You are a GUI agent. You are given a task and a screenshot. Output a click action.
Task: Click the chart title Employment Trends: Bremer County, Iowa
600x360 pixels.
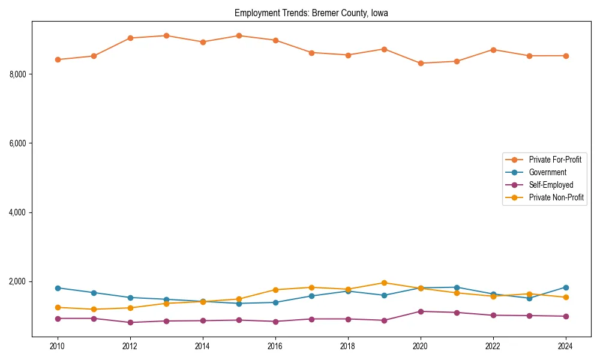[x=311, y=13]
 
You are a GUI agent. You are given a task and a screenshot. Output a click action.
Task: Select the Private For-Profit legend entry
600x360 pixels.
[x=554, y=160]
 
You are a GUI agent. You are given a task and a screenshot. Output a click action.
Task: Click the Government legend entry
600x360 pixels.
[x=547, y=172]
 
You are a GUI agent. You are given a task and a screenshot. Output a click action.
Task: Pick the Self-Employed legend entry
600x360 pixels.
[x=551, y=185]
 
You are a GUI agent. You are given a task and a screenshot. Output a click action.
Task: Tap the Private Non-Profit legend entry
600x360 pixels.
[x=556, y=197]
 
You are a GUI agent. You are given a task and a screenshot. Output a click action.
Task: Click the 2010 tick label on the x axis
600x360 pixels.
[x=58, y=346]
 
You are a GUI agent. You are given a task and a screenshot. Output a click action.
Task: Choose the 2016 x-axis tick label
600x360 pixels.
[x=275, y=346]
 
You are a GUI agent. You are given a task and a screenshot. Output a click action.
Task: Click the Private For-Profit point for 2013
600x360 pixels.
[x=166, y=35]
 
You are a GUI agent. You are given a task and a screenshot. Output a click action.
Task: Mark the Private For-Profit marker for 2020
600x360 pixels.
[x=421, y=63]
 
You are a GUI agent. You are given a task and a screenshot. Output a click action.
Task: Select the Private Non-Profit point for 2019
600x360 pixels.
[x=384, y=283]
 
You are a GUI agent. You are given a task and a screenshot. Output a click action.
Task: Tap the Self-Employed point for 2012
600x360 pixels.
[x=130, y=322]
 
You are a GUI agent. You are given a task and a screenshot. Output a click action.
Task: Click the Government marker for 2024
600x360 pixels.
[x=566, y=287]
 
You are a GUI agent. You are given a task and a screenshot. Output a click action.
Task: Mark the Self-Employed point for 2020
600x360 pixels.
[x=421, y=311]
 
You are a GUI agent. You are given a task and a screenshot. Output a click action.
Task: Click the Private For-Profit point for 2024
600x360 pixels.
[x=566, y=56]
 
